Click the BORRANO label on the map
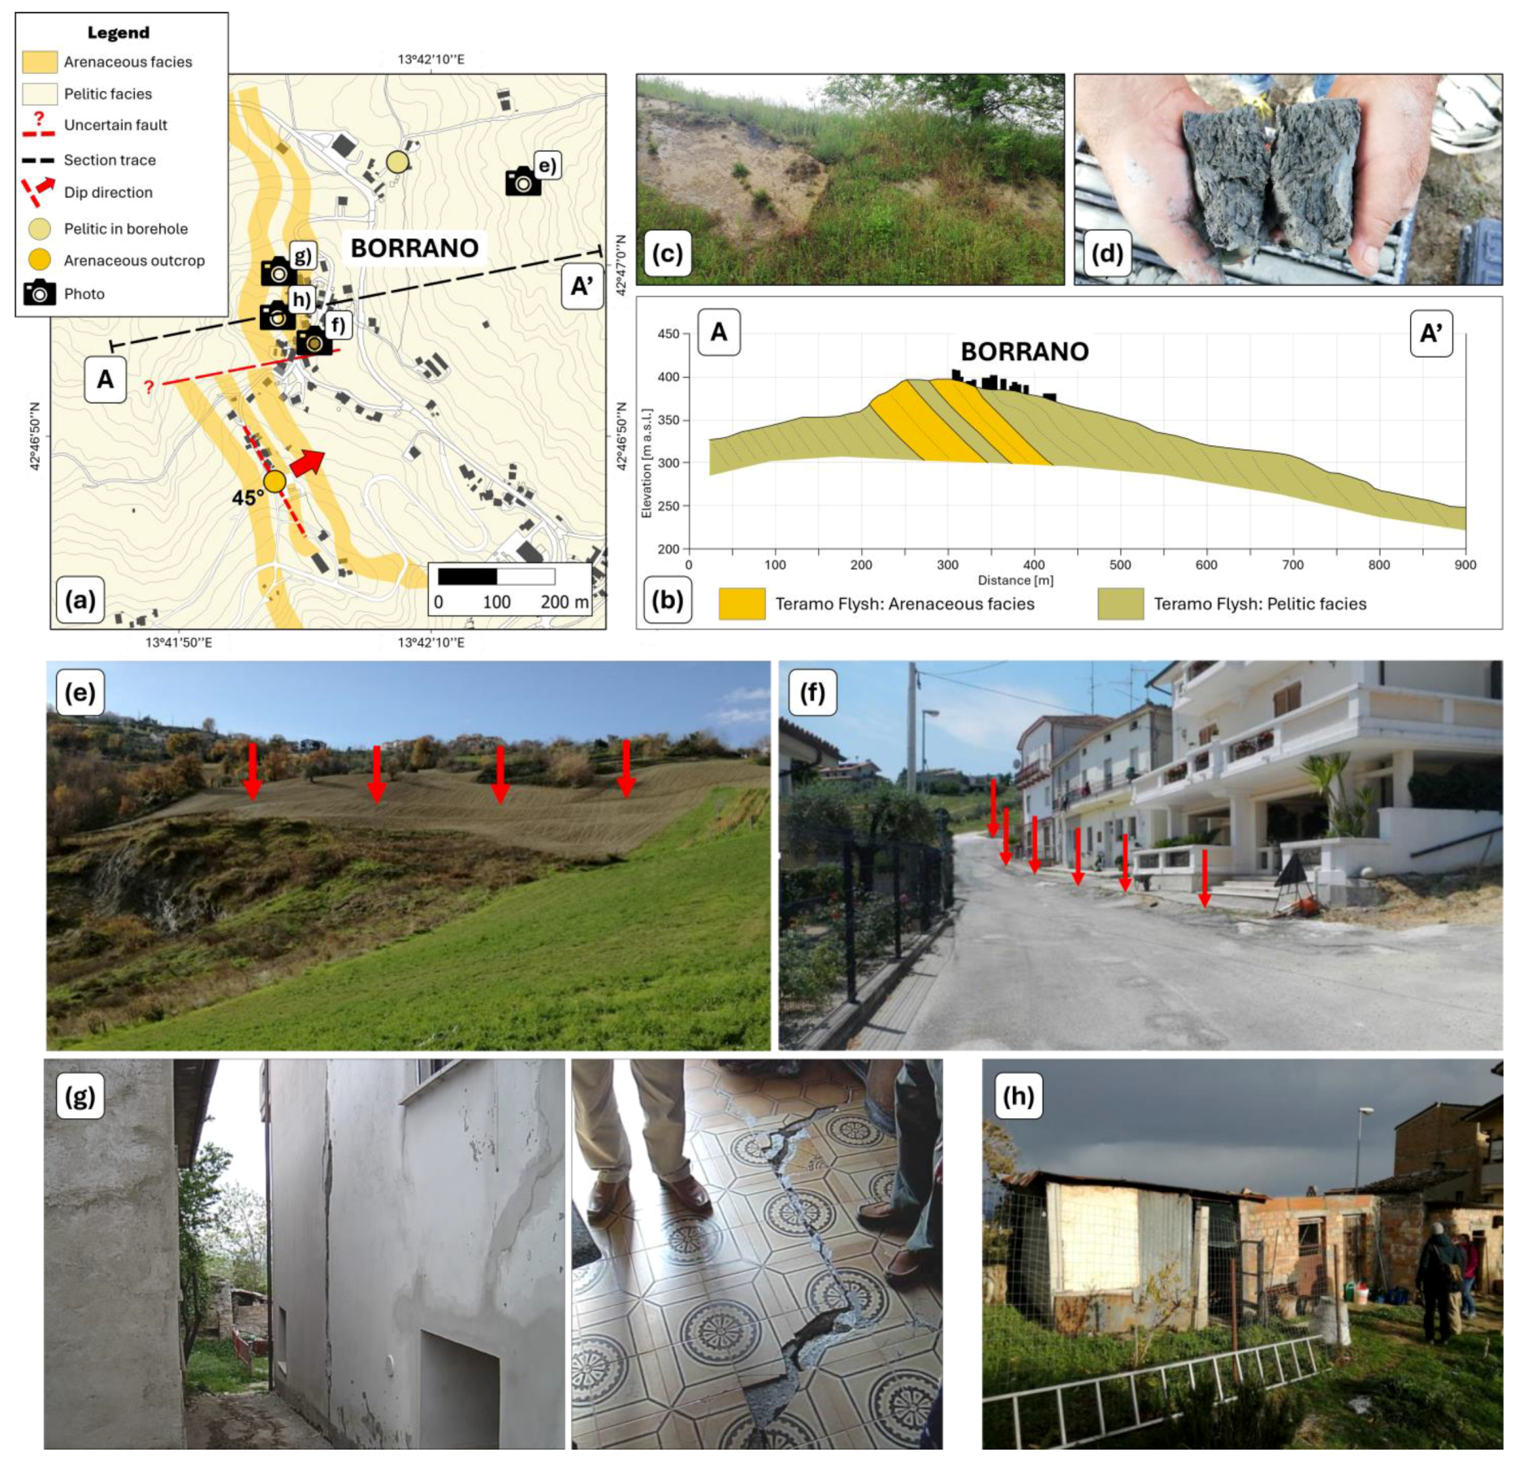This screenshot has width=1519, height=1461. (x=414, y=248)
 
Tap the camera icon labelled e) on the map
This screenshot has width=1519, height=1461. (x=523, y=182)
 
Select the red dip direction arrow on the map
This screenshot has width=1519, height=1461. (x=307, y=463)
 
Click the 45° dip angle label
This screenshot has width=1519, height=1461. (x=248, y=497)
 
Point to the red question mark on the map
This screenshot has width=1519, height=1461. (x=149, y=387)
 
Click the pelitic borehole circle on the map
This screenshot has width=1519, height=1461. (x=397, y=162)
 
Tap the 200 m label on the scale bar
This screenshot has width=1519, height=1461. (x=565, y=602)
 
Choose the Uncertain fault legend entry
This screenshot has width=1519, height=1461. (x=115, y=125)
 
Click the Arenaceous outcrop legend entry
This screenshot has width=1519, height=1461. (x=134, y=261)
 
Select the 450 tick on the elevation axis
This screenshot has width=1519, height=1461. (x=669, y=334)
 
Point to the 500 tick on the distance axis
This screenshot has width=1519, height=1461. (x=1119, y=565)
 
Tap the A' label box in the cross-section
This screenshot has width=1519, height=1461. (x=1430, y=333)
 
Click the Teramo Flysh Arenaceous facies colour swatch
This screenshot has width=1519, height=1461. (x=742, y=604)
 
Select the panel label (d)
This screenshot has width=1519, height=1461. (x=1106, y=254)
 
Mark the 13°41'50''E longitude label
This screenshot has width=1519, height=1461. (x=179, y=643)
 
